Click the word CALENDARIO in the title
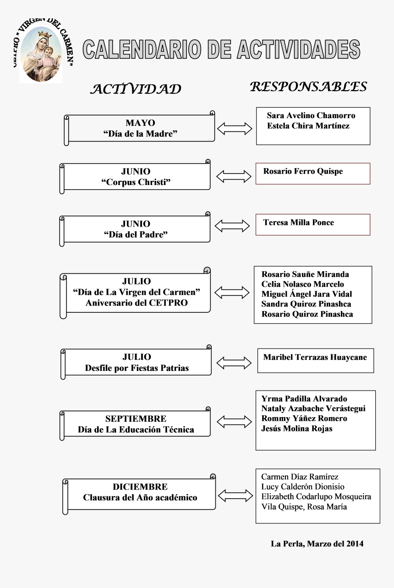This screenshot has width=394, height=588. tap(142, 49)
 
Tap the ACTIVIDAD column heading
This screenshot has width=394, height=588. tap(136, 89)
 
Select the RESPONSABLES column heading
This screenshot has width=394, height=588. tap(308, 87)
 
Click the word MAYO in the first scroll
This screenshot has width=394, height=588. tap(140, 123)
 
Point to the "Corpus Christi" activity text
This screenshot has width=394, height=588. tap(136, 182)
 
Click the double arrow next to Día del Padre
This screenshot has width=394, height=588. tap(232, 226)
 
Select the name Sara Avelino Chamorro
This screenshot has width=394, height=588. tap(311, 115)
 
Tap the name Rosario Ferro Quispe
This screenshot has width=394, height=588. tap(303, 171)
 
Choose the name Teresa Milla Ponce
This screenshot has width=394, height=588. tap(299, 223)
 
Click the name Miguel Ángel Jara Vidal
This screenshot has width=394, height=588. tap(306, 294)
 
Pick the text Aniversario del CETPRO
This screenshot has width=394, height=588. tap(137, 303)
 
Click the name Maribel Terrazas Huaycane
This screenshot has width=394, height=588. tap(315, 357)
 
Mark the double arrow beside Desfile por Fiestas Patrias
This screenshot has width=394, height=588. tap(234, 363)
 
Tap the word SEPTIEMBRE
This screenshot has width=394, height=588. tap(136, 419)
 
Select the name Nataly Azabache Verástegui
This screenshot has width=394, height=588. tap(313, 408)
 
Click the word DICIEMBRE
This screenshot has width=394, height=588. tap(140, 487)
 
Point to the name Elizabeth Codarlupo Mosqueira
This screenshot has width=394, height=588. tap(316, 497)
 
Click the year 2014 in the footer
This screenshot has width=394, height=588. tap(355, 544)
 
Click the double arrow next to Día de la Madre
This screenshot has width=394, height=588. tap(235, 129)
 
